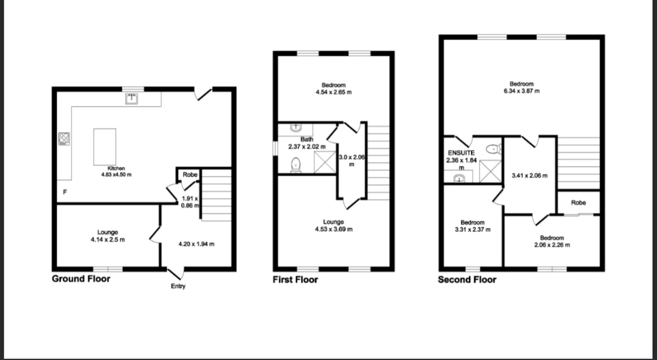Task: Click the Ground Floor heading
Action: tap(81, 279)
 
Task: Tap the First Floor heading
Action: tap(295, 280)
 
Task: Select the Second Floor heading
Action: tap(467, 280)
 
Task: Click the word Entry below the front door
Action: tap(178, 286)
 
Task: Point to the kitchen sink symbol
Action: tap(133, 99)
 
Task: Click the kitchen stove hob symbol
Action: tap(64, 139)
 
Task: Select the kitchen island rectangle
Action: tap(105, 147)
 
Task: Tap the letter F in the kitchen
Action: tap(65, 192)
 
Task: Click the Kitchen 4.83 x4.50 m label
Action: tap(116, 172)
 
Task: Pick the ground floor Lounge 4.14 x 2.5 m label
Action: tap(108, 236)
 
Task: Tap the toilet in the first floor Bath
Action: tap(296, 165)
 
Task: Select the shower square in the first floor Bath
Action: tap(324, 162)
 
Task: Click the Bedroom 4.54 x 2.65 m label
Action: tap(334, 89)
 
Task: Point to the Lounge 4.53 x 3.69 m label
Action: tap(334, 226)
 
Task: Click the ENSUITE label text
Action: tap(461, 153)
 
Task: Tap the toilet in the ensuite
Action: tap(493, 148)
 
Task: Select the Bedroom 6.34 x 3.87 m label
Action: tap(522, 87)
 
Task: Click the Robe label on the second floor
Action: tap(578, 202)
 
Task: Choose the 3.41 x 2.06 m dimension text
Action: tap(529, 176)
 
